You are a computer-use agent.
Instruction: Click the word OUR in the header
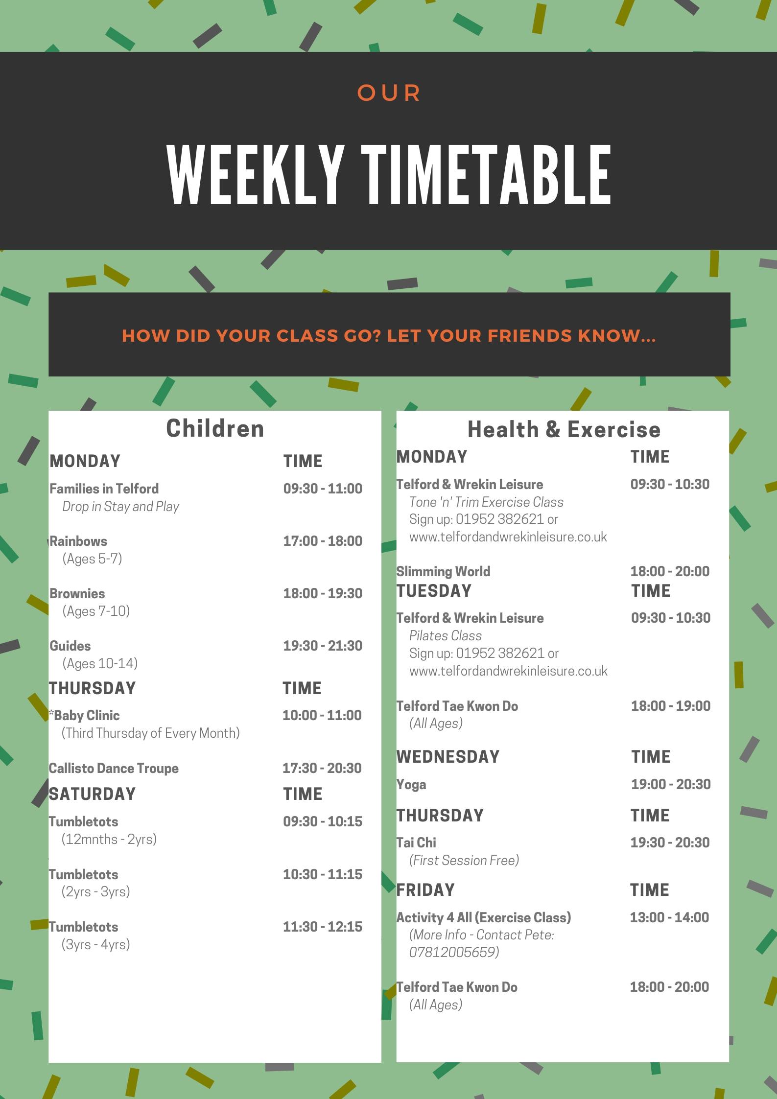[389, 93]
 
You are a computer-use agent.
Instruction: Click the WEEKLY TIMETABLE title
[389, 175]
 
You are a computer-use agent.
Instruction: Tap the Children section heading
[215, 428]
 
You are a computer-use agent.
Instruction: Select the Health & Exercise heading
[564, 429]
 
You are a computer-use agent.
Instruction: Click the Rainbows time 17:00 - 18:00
[323, 541]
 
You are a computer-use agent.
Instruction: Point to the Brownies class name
[77, 593]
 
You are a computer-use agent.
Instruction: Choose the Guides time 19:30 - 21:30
[323, 646]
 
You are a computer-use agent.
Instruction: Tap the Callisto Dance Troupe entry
[114, 768]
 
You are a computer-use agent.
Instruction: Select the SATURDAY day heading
[92, 794]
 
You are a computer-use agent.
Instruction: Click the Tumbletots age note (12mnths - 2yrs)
[109, 839]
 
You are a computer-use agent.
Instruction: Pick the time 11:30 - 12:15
[323, 927]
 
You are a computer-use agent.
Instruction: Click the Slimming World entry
[443, 571]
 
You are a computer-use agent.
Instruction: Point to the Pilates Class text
[446, 635]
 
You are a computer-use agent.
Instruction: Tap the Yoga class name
[411, 785]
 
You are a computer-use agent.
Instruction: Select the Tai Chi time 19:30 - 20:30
[670, 842]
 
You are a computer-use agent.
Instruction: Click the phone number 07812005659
[454, 952]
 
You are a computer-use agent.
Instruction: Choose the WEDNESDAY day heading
[448, 757]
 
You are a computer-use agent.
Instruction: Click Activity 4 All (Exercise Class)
[484, 917]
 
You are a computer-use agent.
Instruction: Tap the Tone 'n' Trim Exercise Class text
[486, 502]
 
